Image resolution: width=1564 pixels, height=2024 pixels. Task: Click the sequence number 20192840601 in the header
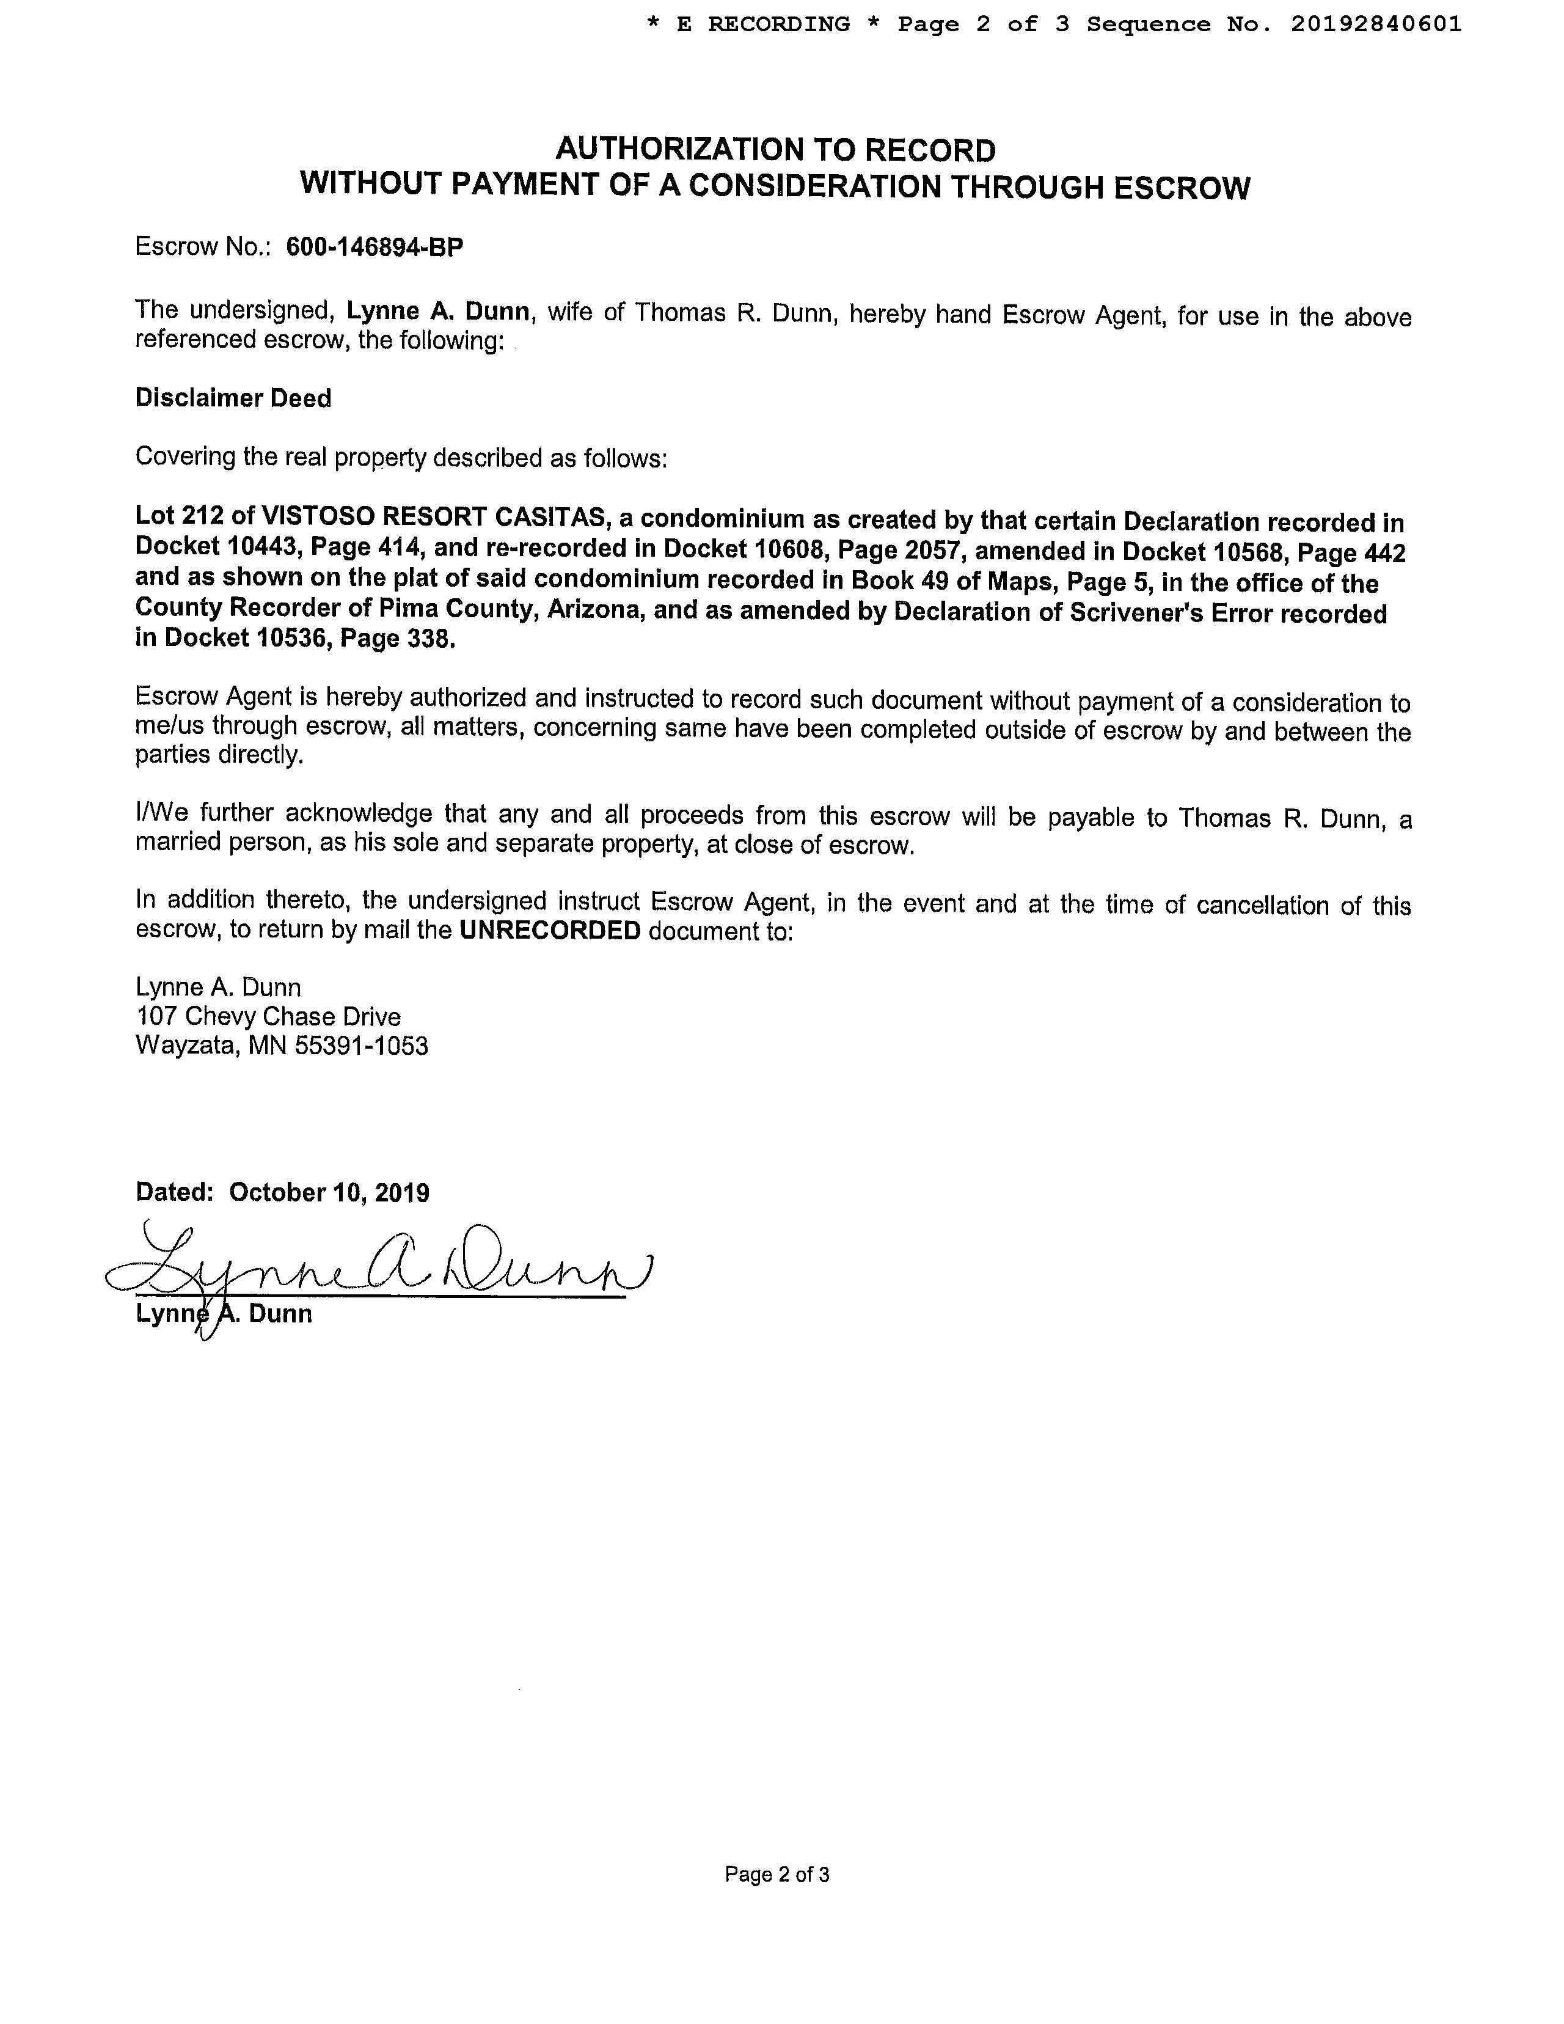coord(1376,24)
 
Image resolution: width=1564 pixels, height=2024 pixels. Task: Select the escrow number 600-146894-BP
coord(375,248)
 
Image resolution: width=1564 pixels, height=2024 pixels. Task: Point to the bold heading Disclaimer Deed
coord(233,398)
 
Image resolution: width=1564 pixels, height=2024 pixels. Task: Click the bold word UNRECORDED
coord(550,931)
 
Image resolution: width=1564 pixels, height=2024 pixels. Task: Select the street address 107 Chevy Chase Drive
coord(268,1017)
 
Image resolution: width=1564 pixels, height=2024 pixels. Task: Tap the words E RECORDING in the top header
coord(764,24)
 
